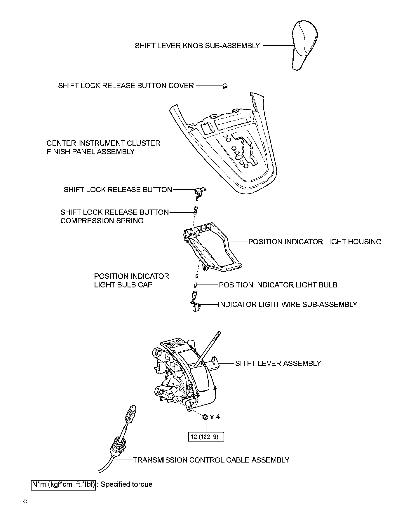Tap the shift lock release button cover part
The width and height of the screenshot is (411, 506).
(x=225, y=86)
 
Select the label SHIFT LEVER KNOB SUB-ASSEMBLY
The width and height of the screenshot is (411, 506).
(x=197, y=46)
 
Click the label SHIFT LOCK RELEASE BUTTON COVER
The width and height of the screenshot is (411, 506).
(x=126, y=86)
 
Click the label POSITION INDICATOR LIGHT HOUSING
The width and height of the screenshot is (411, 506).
(x=315, y=242)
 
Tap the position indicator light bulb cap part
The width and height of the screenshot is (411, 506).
(x=197, y=276)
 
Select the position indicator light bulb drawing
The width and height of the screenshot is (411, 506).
(x=196, y=285)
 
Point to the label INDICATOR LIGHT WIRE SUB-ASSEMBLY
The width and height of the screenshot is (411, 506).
(x=288, y=305)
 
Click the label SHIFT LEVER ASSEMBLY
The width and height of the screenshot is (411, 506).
(x=278, y=364)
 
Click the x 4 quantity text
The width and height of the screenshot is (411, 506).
(x=215, y=417)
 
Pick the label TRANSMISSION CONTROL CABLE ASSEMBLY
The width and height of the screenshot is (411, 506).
(x=211, y=460)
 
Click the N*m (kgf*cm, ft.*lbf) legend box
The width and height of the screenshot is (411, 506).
(x=63, y=484)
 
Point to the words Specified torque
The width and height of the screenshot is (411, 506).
(x=126, y=484)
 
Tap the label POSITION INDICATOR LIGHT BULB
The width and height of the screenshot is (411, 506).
(x=278, y=285)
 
